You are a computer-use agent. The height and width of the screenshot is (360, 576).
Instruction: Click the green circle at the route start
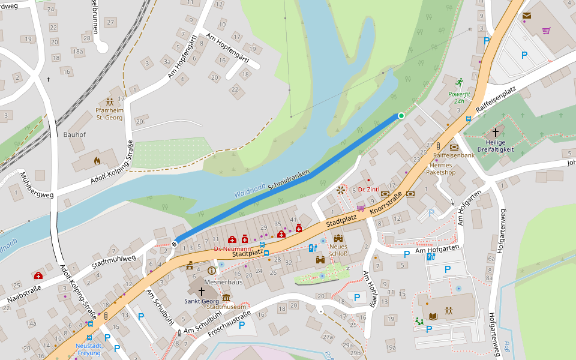point(401,115)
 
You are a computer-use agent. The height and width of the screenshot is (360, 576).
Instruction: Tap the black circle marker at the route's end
point(175,243)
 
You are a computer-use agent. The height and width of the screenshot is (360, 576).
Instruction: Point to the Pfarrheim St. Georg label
point(109,114)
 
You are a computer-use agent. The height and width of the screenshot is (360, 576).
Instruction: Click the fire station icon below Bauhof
point(97,160)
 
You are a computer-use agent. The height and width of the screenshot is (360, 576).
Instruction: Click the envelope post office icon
point(526,16)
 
